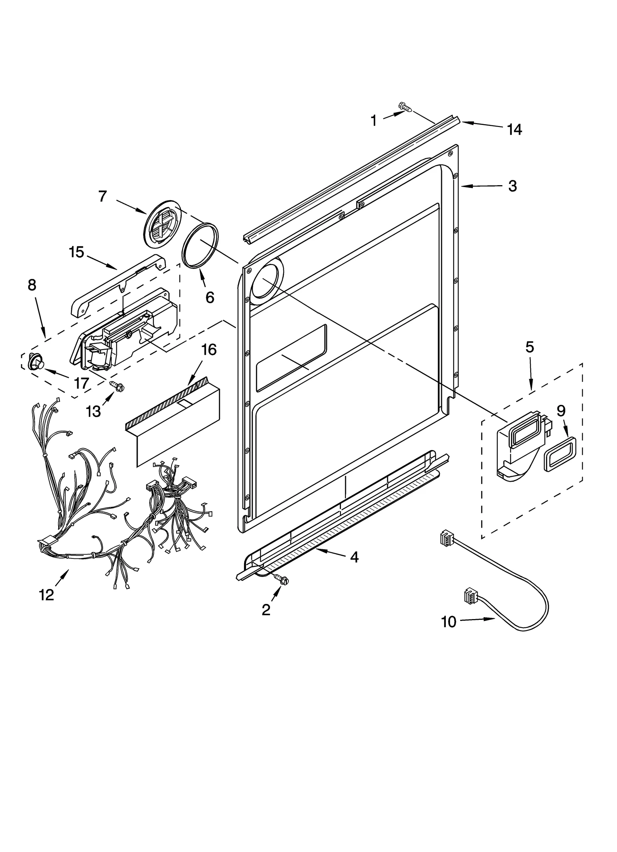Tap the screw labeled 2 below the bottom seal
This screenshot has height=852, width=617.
[281, 589]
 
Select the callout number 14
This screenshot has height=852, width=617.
[514, 130]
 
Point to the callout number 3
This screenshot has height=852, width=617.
[512, 186]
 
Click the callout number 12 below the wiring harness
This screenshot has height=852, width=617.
[47, 595]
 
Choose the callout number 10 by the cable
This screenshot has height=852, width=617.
[448, 621]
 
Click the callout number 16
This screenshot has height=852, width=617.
[209, 350]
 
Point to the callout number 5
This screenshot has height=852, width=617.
[530, 347]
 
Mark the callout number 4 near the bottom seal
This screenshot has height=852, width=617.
[354, 557]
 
